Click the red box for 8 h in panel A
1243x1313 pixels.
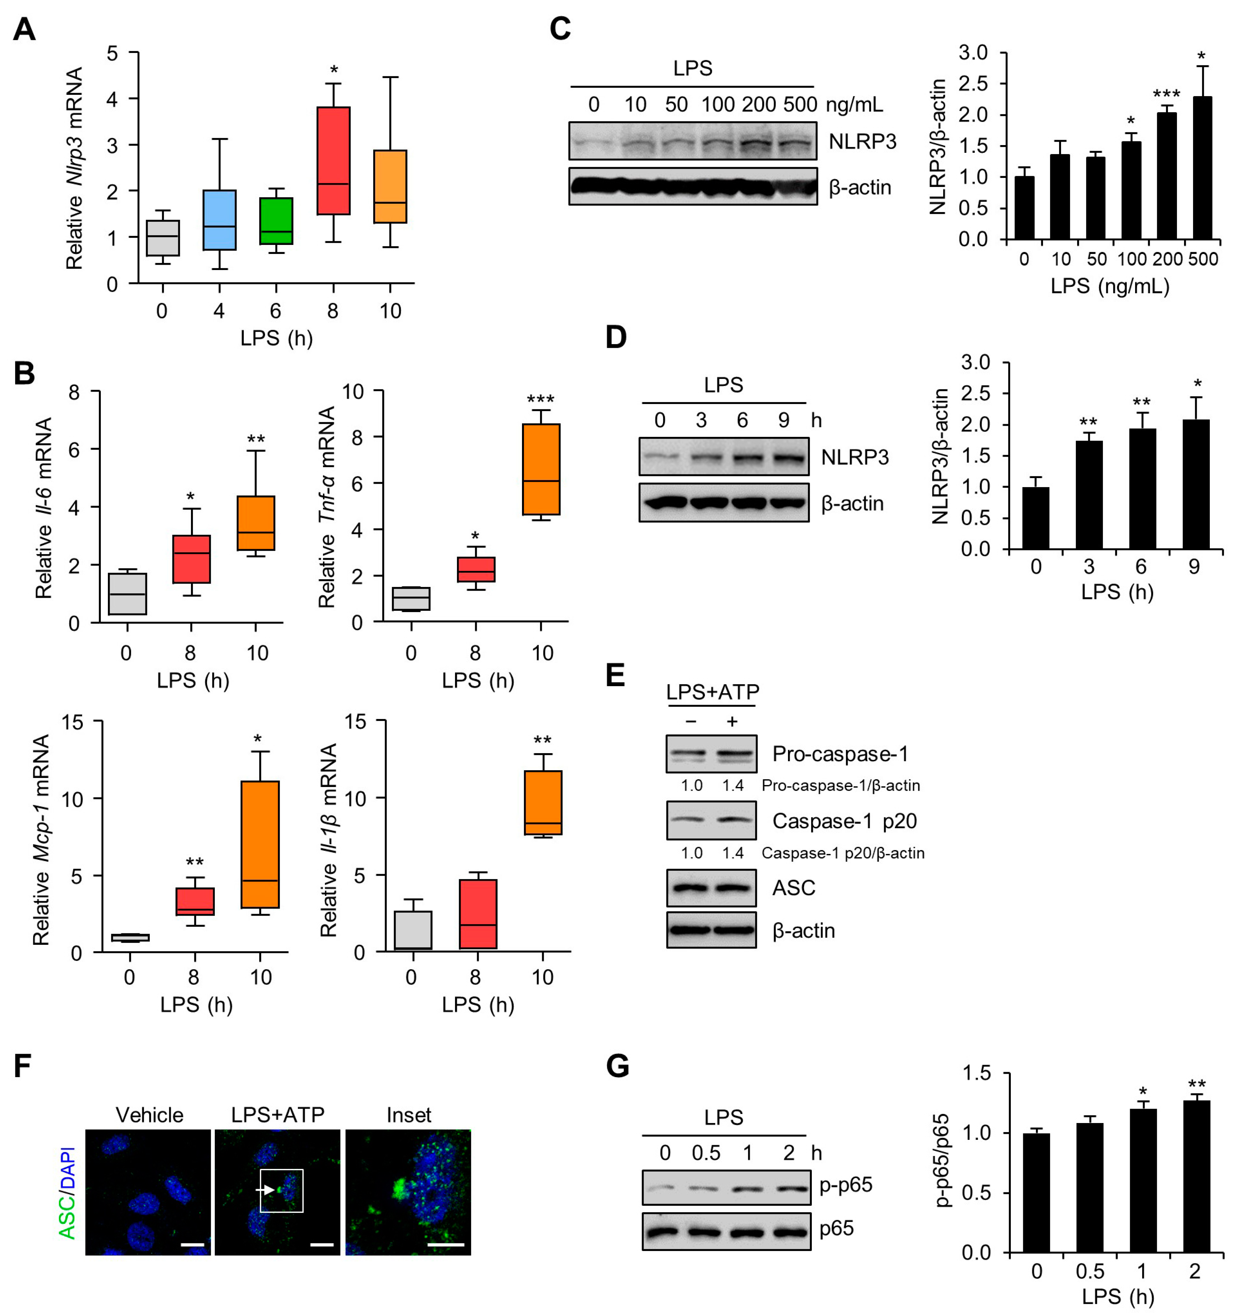pyautogui.click(x=333, y=160)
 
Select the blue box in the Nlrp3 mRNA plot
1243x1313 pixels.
pyautogui.click(x=219, y=220)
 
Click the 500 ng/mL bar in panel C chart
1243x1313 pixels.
pyautogui.click(x=1202, y=168)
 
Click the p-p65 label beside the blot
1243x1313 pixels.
pyautogui.click(x=845, y=1184)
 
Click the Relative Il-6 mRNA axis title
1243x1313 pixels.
pyautogui.click(x=44, y=508)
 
